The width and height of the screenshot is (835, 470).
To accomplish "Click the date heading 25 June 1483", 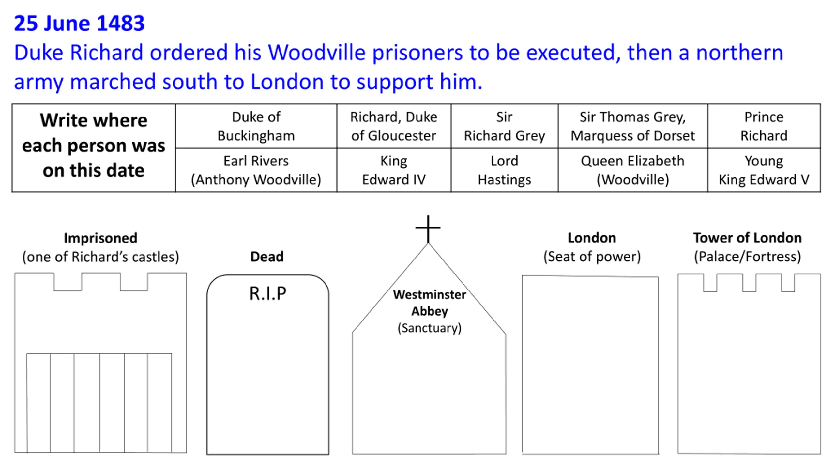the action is point(79,23).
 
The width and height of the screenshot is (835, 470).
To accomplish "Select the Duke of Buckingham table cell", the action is point(256,126).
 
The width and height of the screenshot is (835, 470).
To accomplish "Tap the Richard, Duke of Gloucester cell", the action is point(394,126).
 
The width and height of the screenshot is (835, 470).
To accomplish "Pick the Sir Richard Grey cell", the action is point(504,126).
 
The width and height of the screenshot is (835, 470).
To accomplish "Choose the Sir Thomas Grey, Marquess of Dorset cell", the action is point(633,126).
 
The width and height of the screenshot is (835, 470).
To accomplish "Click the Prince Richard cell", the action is point(764,126).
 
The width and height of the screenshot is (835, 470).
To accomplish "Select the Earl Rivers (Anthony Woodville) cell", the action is point(256,170).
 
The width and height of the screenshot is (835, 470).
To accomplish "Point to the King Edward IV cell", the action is point(394,170).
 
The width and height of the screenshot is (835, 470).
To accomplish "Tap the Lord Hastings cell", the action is point(504,170).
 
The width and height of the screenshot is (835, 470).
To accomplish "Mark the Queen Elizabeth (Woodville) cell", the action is point(633,170).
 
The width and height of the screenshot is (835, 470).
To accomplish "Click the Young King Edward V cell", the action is point(764,170).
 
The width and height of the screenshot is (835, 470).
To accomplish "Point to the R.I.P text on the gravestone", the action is point(268,293).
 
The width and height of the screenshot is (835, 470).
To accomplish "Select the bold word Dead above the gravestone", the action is point(267,257).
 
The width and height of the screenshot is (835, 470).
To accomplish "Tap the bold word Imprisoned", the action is point(100,238).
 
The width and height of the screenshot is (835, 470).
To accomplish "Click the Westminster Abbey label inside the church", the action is point(429,303).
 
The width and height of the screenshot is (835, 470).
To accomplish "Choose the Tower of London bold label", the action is point(747,238).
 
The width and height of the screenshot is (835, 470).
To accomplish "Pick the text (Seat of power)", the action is point(592,257).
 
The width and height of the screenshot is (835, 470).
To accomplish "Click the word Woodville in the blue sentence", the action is point(316,53).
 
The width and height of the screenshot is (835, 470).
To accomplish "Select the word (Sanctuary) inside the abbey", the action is point(429,328).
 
